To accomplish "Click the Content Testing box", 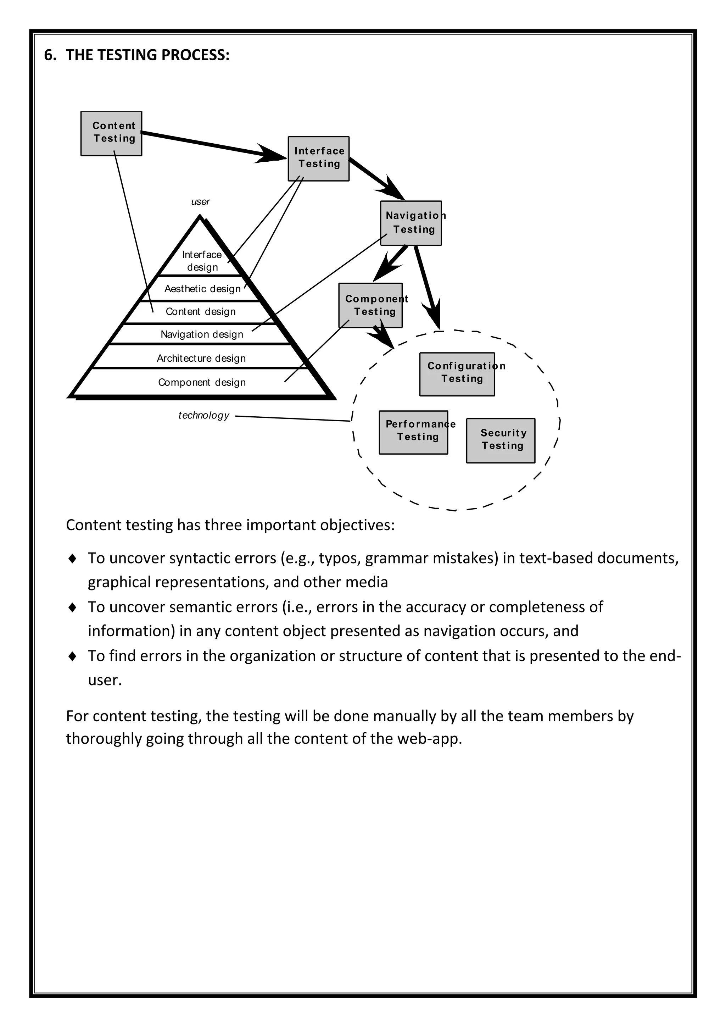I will pyautogui.click(x=111, y=133).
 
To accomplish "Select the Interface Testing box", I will pyautogui.click(x=318, y=159).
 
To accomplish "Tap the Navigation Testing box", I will pyautogui.click(x=411, y=223).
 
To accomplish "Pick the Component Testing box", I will pyautogui.click(x=370, y=305).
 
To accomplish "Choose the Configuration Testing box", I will pyautogui.click(x=457, y=374).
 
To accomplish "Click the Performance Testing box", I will pyautogui.click(x=414, y=432).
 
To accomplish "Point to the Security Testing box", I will pyautogui.click(x=501, y=440).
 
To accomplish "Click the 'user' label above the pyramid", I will pyautogui.click(x=200, y=202).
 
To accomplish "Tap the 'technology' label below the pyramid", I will pyautogui.click(x=204, y=415).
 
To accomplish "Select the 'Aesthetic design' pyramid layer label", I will pyautogui.click(x=202, y=289).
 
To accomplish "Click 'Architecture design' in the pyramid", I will pyautogui.click(x=201, y=358).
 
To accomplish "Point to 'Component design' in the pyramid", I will pyautogui.click(x=202, y=382).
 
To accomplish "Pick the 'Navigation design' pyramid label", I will pyautogui.click(x=202, y=334).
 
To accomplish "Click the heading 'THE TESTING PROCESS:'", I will pyautogui.click(x=147, y=55).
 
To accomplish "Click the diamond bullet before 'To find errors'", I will pyautogui.click(x=72, y=656).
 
